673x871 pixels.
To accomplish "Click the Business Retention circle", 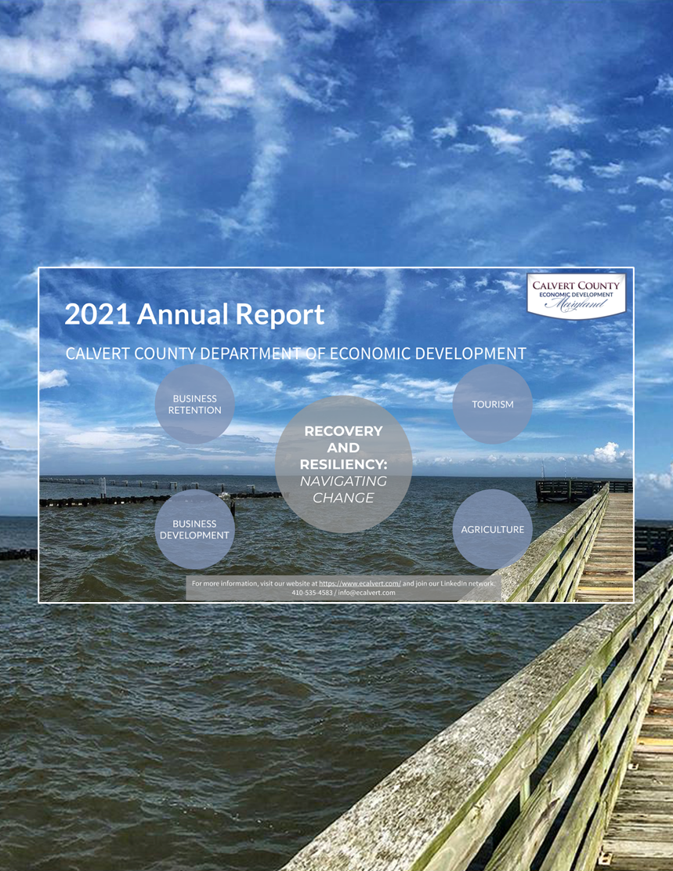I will pyautogui.click(x=194, y=404).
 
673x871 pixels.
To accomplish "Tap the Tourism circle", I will pyautogui.click(x=492, y=404).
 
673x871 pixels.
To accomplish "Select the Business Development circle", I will pyautogui.click(x=194, y=529).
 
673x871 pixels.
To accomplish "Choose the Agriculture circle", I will pyautogui.click(x=492, y=529).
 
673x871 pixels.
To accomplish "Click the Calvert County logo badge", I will pyautogui.click(x=576, y=295).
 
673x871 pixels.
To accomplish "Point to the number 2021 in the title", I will pyautogui.click(x=97, y=314).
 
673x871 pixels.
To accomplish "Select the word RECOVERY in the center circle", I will pyautogui.click(x=343, y=431).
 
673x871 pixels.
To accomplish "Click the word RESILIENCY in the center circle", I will pyautogui.click(x=343, y=464).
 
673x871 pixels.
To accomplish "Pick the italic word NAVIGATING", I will pyautogui.click(x=343, y=481).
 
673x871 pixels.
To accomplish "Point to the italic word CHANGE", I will pyautogui.click(x=343, y=498).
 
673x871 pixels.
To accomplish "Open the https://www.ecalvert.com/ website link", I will pyautogui.click(x=360, y=584).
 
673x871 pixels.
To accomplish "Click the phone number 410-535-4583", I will pyautogui.click(x=311, y=593).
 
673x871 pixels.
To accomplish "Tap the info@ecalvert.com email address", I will pyautogui.click(x=366, y=593).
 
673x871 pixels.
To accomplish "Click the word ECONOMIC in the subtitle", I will pyautogui.click(x=366, y=354).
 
